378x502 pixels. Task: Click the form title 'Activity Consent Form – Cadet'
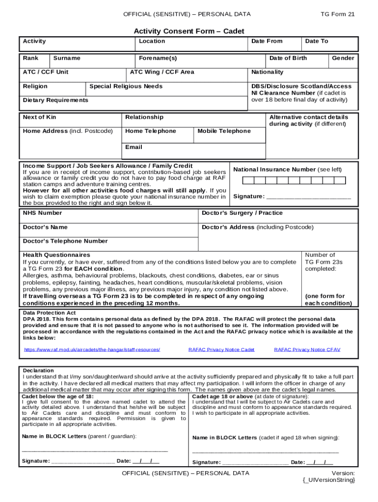(x=189, y=31)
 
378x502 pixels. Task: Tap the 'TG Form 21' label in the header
(x=337, y=14)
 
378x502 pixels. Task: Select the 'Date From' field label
(x=267, y=41)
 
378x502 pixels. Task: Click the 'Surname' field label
(x=67, y=58)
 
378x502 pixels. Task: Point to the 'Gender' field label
(x=343, y=58)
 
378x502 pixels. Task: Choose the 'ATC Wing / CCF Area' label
(x=162, y=72)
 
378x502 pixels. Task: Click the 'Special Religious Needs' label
(x=126, y=86)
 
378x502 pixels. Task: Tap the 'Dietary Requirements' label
(x=55, y=100)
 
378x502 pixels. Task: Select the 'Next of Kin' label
(x=39, y=117)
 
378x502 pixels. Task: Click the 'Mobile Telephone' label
(x=224, y=131)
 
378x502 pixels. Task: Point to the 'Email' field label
(x=134, y=147)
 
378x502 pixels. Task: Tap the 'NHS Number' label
(x=42, y=213)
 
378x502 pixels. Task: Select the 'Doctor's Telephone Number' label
(x=65, y=241)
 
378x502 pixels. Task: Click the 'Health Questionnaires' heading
(x=56, y=255)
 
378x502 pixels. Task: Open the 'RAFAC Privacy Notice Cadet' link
(x=221, y=350)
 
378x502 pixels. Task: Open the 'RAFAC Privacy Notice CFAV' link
(x=307, y=350)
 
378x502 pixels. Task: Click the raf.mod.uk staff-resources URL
(x=92, y=350)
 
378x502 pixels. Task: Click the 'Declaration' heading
(x=38, y=370)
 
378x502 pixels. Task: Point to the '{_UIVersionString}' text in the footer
(x=329, y=480)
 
